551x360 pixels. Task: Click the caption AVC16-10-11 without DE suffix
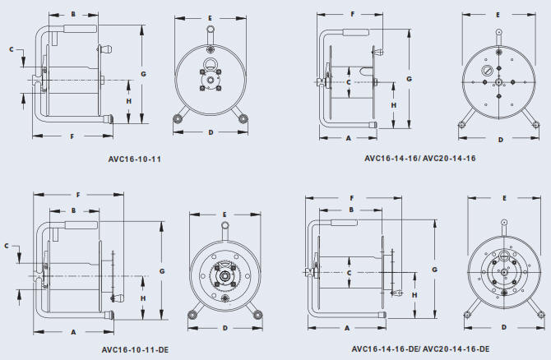coord(135,159)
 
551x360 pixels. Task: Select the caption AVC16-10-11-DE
coord(135,350)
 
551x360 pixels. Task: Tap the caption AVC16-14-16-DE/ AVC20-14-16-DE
coord(420,349)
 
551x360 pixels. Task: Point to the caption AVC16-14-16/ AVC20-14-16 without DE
coord(420,159)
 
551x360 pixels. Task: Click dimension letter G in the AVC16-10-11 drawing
coord(143,74)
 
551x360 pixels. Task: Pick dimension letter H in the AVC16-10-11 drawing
coord(129,101)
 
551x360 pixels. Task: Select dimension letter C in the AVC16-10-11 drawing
coord(12,49)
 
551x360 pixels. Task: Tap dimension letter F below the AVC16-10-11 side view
coord(72,136)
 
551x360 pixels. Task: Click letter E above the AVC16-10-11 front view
coord(210,18)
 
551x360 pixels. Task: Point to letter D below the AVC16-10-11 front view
coord(211,132)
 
